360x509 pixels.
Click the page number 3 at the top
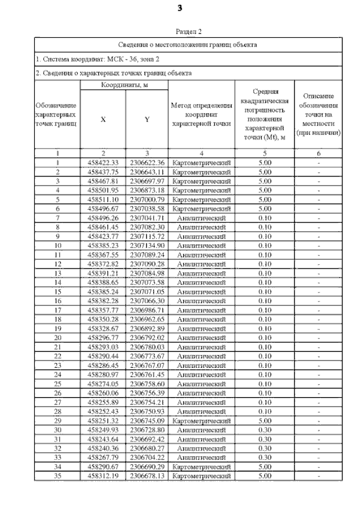180,8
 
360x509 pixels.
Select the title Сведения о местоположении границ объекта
188,43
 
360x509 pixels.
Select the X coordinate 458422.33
102,163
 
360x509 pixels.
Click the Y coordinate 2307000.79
146,199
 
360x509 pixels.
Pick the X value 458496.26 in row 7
102,218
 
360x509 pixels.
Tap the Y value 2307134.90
146,245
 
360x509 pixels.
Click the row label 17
57,309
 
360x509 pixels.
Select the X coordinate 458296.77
102,337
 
